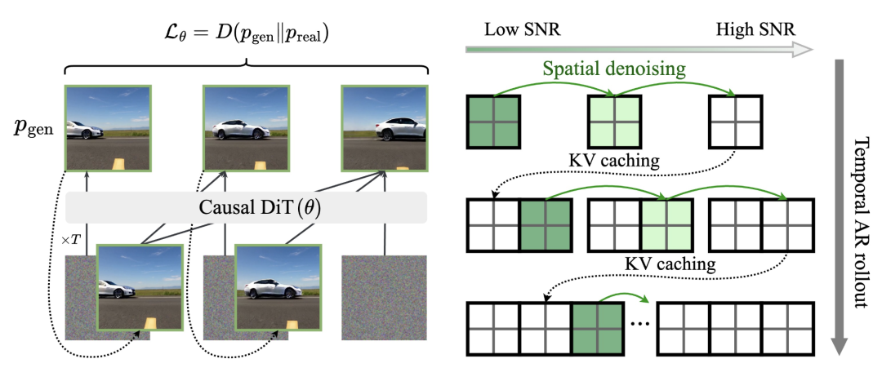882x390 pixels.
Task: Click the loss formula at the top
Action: [x=246, y=35]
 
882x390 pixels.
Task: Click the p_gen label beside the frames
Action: [x=33, y=129]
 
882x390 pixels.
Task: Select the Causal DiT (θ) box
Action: [x=247, y=207]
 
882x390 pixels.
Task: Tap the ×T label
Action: [x=71, y=240]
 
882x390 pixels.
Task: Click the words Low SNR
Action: [x=523, y=29]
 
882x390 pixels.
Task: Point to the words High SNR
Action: [x=755, y=29]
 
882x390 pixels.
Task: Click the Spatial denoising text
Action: [x=615, y=69]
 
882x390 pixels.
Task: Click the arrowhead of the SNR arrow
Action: [x=804, y=50]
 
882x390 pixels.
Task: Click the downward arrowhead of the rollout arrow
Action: [x=839, y=345]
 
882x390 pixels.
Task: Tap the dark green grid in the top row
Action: [x=493, y=122]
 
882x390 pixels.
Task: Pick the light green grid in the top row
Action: [x=614, y=122]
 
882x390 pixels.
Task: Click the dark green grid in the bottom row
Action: [x=598, y=330]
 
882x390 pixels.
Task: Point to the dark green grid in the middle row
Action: [x=546, y=225]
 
